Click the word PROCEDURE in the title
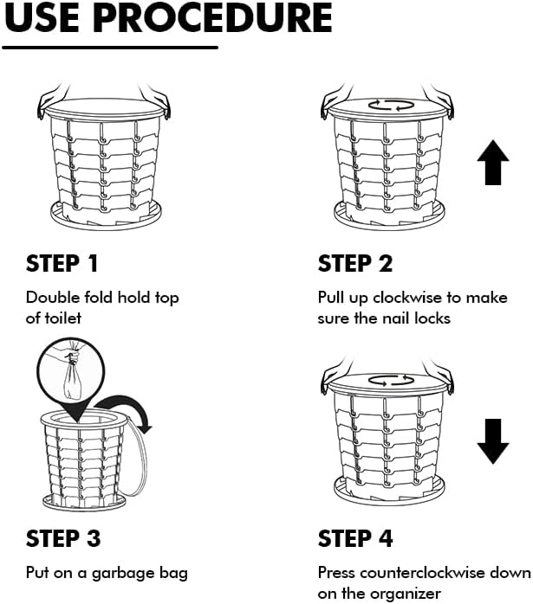(x=212, y=17)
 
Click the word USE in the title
(x=42, y=17)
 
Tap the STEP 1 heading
(x=62, y=264)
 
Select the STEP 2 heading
(x=355, y=264)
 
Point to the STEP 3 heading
(x=63, y=538)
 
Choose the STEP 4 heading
(x=355, y=538)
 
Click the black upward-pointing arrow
(x=493, y=162)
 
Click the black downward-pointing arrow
(x=493, y=441)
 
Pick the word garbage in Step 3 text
(x=123, y=574)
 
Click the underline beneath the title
(x=110, y=48)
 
